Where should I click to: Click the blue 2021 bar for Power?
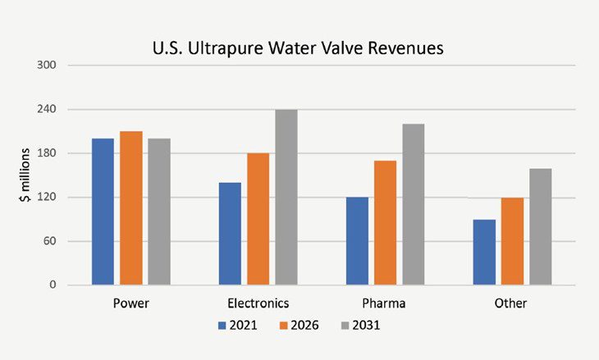[103, 212]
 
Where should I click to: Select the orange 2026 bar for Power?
[130, 208]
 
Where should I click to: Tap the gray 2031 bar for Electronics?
[286, 197]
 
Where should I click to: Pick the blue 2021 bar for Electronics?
[230, 234]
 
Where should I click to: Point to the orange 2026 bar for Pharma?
[386, 223]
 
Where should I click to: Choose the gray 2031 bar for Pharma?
[414, 204]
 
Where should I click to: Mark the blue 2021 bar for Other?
[484, 253]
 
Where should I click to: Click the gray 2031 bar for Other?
[540, 227]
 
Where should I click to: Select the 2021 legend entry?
[237, 326]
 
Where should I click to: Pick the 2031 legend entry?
[359, 326]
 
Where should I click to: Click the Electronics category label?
[258, 303]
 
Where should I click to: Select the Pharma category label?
[385, 303]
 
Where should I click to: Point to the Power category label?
[130, 303]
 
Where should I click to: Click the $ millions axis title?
[25, 175]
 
